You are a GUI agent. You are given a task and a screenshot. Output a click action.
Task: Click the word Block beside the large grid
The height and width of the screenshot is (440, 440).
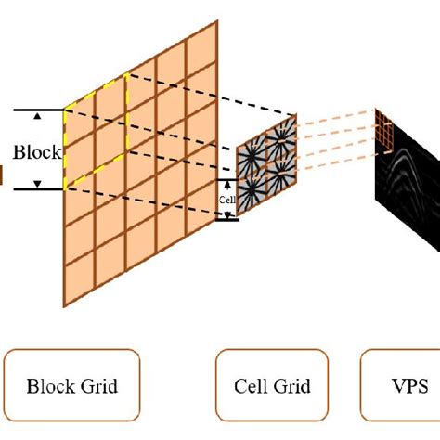click(37, 150)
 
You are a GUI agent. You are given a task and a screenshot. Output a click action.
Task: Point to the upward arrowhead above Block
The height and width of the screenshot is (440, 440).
click(36, 116)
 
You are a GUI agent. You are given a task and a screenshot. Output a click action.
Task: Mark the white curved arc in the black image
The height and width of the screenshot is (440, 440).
click(408, 167)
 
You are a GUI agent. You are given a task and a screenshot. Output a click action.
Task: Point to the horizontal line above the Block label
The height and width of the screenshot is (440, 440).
click(37, 110)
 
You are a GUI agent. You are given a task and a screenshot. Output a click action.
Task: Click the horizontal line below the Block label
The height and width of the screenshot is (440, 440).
click(37, 189)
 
